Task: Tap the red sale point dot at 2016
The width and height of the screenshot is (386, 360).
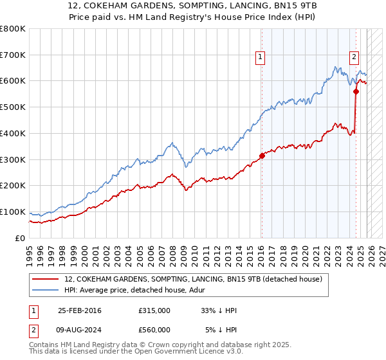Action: pyautogui.click(x=262, y=155)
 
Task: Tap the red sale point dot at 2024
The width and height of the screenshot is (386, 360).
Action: pyautogui.click(x=356, y=91)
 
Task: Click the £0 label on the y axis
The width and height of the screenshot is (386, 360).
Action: pyautogui.click(x=21, y=238)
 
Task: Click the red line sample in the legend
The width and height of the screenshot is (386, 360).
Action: pyautogui.click(x=46, y=279)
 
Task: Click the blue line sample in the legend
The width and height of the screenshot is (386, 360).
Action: pyautogui.click(x=46, y=290)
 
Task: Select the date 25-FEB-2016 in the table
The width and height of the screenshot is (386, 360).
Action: pyautogui.click(x=79, y=310)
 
